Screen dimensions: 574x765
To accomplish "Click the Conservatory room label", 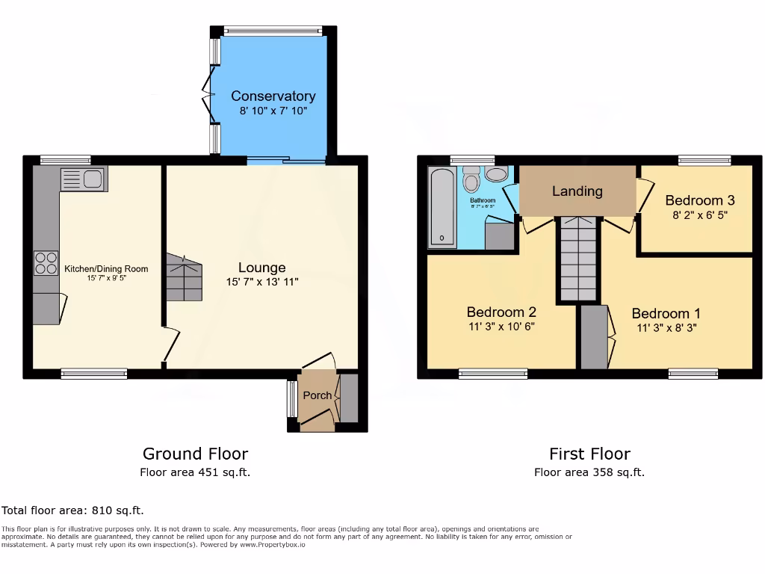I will (273, 96).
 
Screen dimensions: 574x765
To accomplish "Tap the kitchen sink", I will (84, 179).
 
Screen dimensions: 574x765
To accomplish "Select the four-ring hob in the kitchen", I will (46, 262).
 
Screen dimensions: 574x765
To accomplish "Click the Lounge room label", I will (261, 268).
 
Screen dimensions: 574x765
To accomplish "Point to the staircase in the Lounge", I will (184, 277).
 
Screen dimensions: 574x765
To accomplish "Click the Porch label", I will (317, 395).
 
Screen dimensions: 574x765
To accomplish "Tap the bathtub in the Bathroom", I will (441, 207).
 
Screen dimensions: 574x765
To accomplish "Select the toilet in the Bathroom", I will (471, 180).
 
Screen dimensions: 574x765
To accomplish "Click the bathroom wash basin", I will (495, 174).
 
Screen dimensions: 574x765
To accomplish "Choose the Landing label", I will (577, 191).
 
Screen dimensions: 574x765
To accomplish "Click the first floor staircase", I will (578, 258).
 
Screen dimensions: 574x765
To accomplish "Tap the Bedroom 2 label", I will (501, 312).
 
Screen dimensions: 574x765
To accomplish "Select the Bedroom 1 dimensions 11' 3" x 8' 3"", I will (666, 327).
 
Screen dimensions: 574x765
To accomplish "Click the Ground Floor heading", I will (195, 454).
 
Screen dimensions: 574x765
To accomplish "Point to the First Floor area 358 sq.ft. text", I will (589, 472).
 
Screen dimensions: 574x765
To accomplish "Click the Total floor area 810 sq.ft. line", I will (72, 510).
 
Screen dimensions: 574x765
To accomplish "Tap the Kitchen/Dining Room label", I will (106, 269).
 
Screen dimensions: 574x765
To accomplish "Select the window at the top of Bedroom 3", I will (704, 159).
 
